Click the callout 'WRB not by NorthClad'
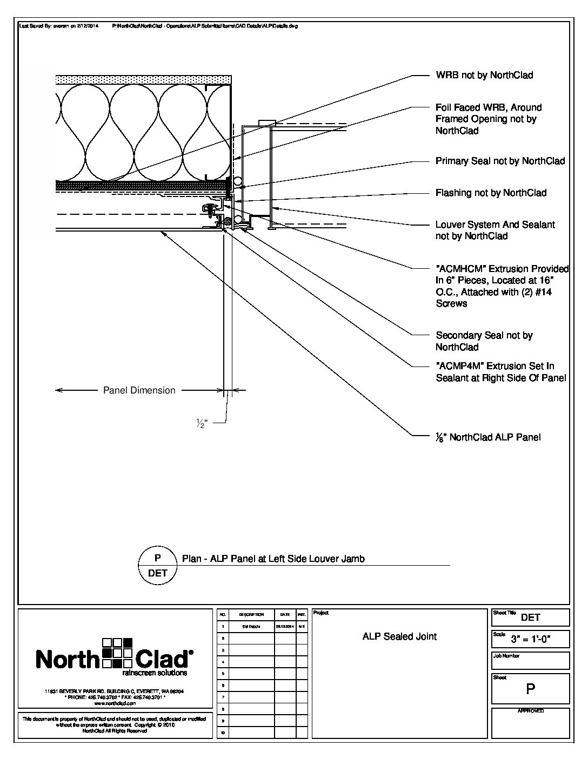484,75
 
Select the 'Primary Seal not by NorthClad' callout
500,161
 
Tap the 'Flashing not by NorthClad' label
491,193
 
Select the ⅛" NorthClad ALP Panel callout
488,437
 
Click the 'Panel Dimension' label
139,390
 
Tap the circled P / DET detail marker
158,566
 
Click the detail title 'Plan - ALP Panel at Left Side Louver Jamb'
273,559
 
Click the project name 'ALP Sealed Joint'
399,636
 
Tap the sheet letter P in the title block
530,690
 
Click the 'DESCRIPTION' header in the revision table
251,615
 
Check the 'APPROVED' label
531,711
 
